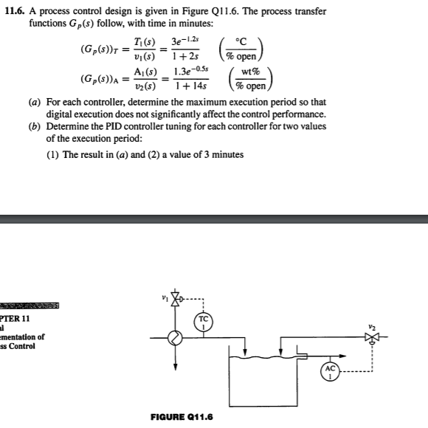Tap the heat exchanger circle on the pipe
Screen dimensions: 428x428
(x=175, y=339)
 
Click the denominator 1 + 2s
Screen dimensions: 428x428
(x=184, y=56)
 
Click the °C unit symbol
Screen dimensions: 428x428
(x=241, y=41)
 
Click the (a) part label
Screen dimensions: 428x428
(x=35, y=101)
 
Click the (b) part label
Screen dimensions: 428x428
(x=35, y=127)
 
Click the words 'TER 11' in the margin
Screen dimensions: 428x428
(x=15, y=318)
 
